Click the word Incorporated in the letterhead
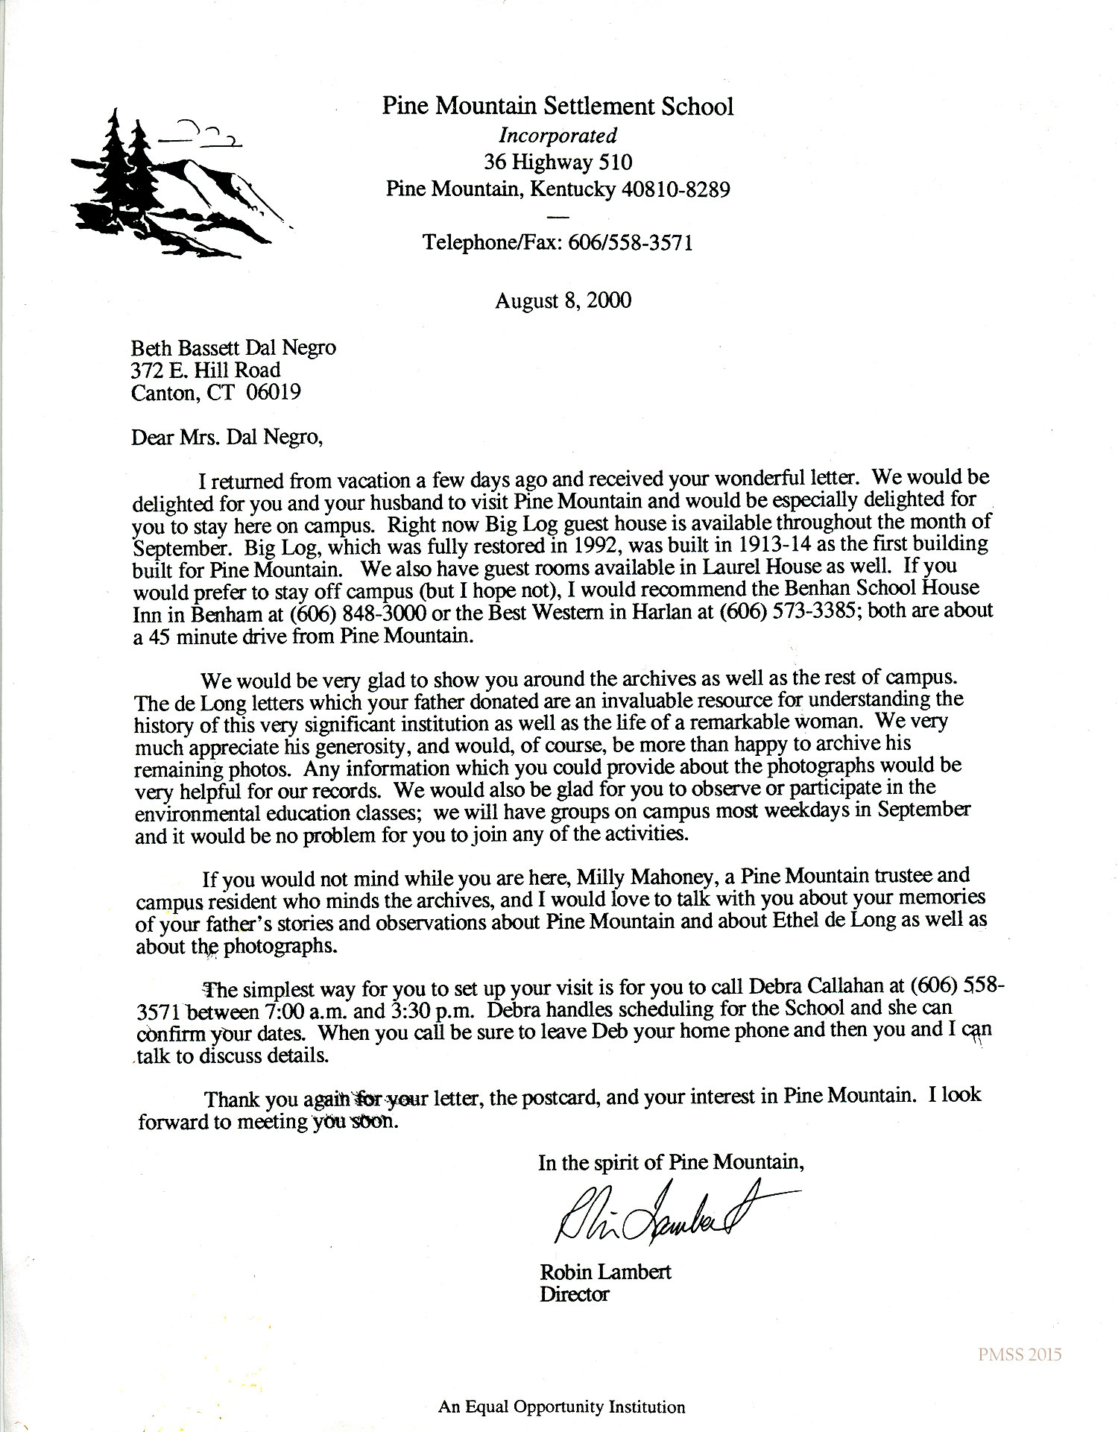(558, 136)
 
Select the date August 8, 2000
(563, 300)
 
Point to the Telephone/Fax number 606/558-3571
(631, 242)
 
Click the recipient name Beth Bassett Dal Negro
(233, 347)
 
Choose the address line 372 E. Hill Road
(206, 370)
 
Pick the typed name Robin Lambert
(604, 1271)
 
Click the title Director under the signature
(574, 1294)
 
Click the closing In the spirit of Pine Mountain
(671, 1163)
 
